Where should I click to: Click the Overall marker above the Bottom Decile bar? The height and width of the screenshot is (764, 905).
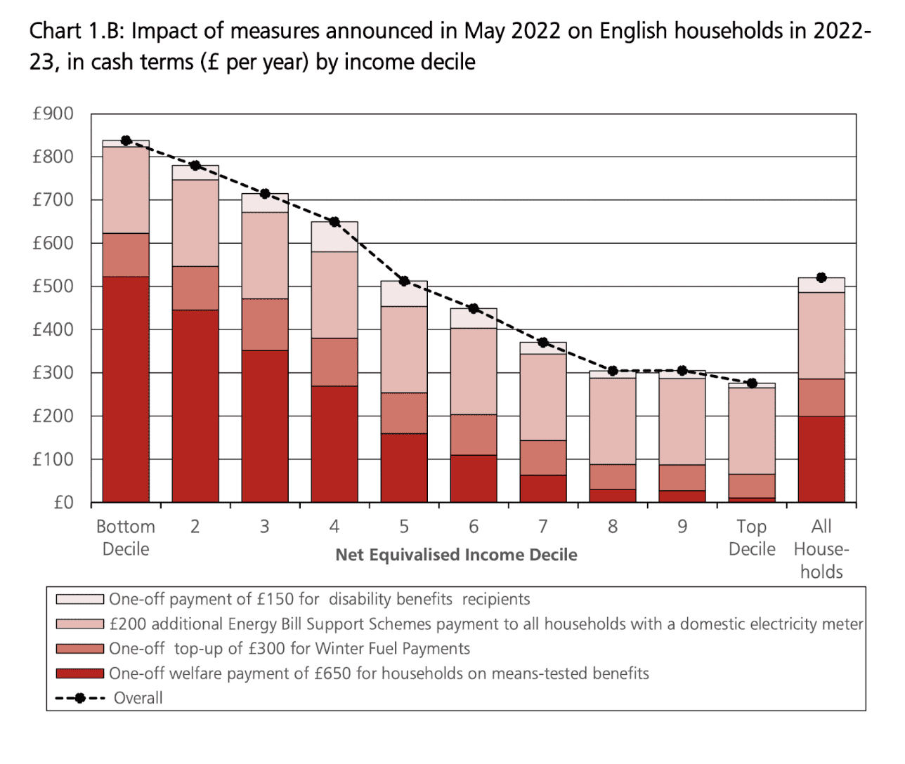tap(126, 140)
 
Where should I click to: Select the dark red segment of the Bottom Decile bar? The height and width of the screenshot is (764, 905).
tap(126, 389)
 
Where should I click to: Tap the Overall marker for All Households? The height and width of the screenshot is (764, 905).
tap(821, 277)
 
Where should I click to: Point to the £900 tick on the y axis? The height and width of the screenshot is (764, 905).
tap(53, 114)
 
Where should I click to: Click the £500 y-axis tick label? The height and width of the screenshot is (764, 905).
tap(53, 286)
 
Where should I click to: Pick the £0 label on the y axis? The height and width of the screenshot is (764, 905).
tap(63, 503)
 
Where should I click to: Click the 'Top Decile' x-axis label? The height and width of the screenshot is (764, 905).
tap(752, 538)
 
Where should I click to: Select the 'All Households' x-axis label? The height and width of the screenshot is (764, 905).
tap(821, 549)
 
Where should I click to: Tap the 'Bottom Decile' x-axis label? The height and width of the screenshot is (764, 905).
tap(126, 538)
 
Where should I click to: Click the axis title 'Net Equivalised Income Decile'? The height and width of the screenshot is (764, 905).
tap(456, 555)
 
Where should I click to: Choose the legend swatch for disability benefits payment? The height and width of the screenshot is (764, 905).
tap(80, 600)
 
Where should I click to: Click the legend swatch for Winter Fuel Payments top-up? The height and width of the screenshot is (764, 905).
tap(80, 649)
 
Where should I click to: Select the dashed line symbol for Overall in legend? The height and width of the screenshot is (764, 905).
tap(80, 698)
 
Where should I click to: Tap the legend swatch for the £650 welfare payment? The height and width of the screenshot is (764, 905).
tap(80, 673)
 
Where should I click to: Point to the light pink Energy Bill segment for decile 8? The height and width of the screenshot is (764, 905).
tap(613, 421)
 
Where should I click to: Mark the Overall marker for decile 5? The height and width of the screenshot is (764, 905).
tap(404, 281)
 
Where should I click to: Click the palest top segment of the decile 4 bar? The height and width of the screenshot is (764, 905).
tap(334, 237)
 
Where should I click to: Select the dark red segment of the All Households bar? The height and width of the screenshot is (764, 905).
tap(821, 459)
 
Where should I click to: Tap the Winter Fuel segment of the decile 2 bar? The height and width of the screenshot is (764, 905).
tap(195, 288)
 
